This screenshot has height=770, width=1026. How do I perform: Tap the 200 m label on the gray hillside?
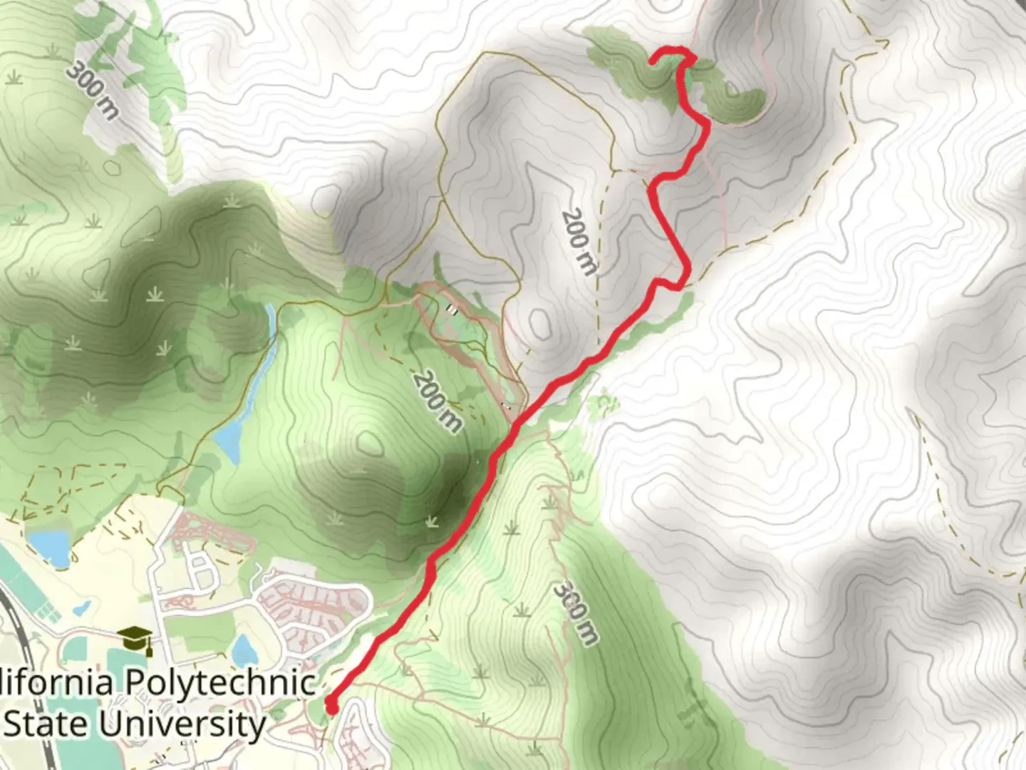pyautogui.click(x=579, y=241)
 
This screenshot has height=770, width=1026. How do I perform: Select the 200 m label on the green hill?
pyautogui.click(x=436, y=401)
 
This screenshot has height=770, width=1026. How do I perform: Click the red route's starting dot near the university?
pyautogui.click(x=331, y=707)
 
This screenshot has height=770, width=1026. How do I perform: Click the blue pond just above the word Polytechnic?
pyautogui.click(x=245, y=650)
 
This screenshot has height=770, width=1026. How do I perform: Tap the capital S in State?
pyautogui.click(x=16, y=724)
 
